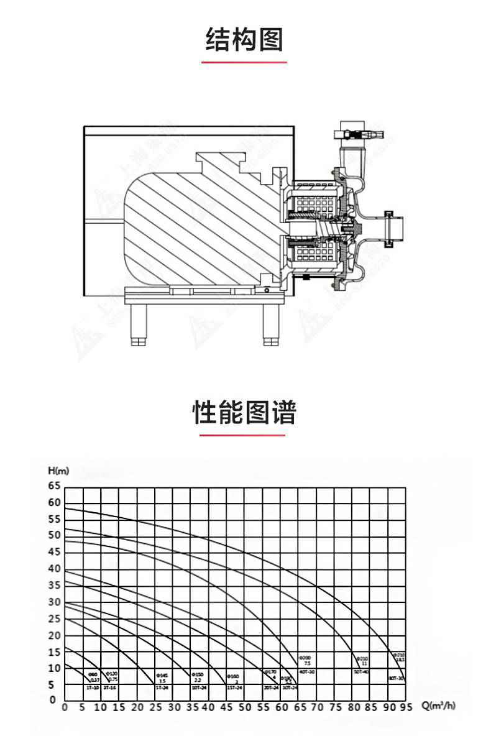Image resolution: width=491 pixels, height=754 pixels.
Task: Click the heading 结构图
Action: coord(244,40)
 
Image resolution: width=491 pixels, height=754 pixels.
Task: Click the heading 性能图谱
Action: coord(244,412)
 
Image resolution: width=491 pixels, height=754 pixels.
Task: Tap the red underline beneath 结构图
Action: coord(244,62)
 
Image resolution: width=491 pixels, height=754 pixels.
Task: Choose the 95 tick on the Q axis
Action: coord(406,707)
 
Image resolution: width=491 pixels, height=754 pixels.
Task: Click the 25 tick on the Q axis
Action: coord(156,707)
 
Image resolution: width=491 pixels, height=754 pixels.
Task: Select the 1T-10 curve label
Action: coord(92,688)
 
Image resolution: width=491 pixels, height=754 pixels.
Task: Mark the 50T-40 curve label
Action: coord(361,672)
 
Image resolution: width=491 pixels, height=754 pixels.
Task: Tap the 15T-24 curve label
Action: coord(232,688)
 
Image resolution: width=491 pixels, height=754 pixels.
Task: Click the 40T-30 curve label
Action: coord(306,672)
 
